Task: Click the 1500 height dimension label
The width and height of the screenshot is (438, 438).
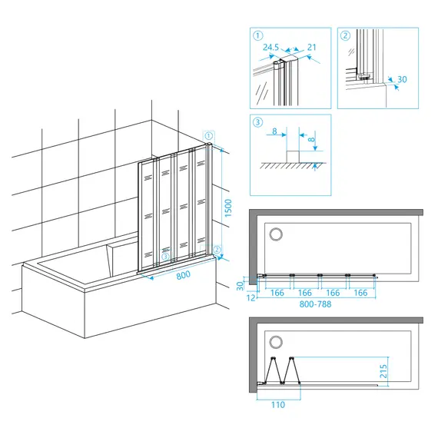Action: tap(228, 208)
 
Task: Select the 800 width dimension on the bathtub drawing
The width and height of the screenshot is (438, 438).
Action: tap(183, 275)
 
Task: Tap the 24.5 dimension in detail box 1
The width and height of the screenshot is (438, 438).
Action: tap(270, 47)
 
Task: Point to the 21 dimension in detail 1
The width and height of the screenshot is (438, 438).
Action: tap(312, 47)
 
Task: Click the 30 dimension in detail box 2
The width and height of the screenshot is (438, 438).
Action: tap(402, 79)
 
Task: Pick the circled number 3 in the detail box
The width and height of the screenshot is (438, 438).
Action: tap(258, 122)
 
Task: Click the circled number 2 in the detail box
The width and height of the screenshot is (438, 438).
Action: tap(346, 35)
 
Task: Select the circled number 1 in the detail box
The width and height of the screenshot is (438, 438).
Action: tap(258, 35)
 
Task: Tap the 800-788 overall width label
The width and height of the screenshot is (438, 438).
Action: tap(315, 304)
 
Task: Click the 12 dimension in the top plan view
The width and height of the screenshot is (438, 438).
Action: tap(251, 298)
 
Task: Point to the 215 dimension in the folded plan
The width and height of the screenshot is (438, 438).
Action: tap(383, 371)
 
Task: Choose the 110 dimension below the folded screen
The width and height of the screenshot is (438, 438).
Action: tap(278, 404)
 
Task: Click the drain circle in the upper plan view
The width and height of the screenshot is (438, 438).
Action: tap(276, 234)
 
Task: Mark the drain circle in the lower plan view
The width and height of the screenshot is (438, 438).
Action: tap(276, 342)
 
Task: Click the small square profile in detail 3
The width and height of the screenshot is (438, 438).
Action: tap(293, 157)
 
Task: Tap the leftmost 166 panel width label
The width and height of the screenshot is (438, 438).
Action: tap(277, 293)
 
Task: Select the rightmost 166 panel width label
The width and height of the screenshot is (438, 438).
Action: tap(360, 293)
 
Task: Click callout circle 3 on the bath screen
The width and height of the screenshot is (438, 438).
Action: tap(166, 256)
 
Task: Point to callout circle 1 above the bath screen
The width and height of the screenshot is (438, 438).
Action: tap(209, 136)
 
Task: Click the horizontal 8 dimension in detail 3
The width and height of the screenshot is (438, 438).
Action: tap(274, 131)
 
